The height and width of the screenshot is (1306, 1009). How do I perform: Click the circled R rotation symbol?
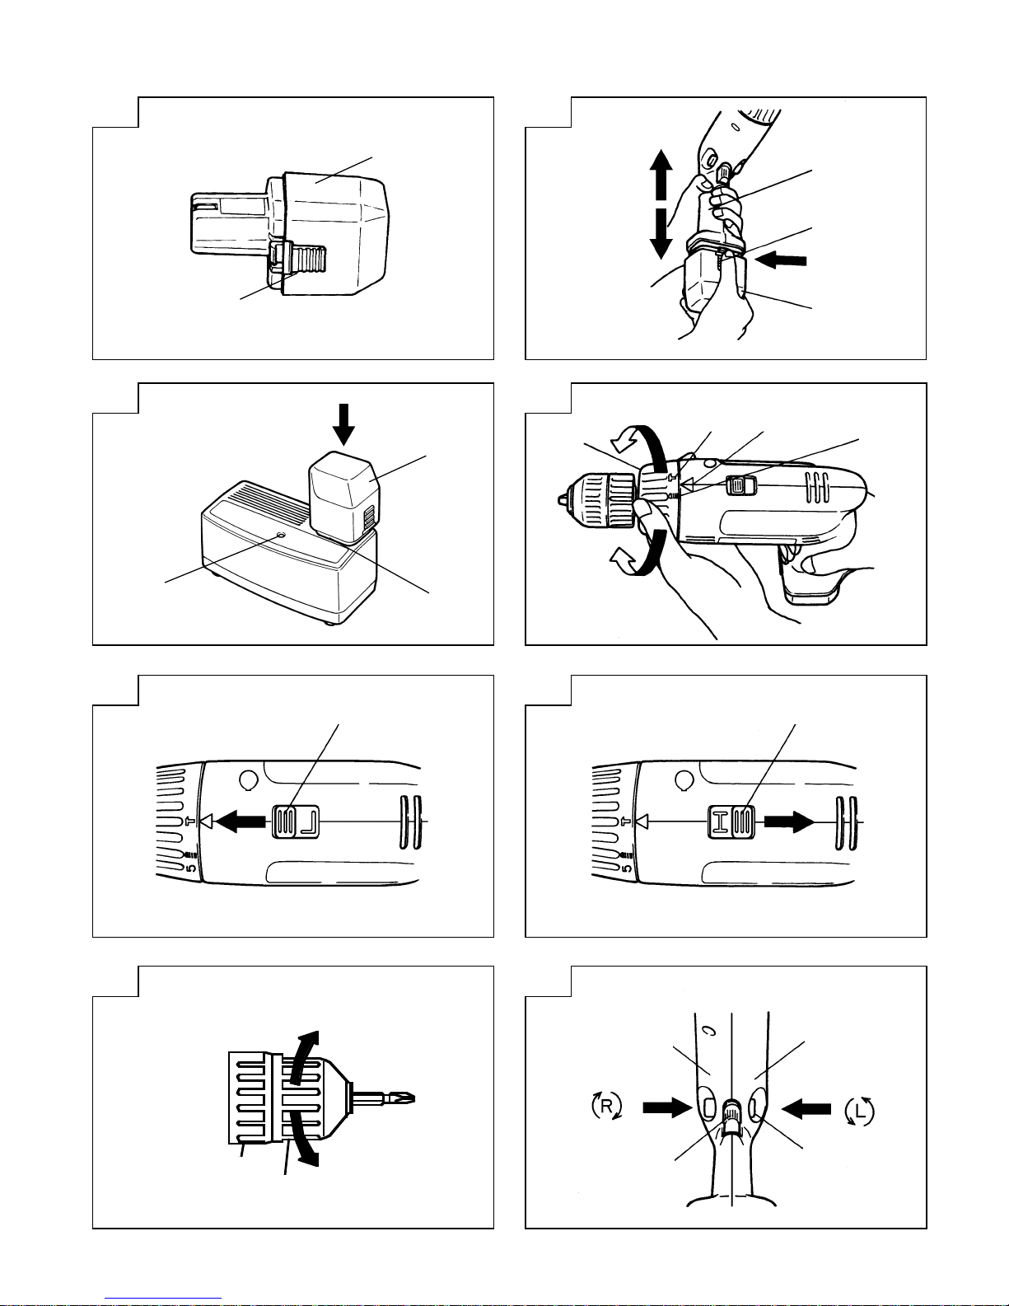[x=606, y=1106]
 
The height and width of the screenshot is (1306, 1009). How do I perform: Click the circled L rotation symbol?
[x=859, y=1112]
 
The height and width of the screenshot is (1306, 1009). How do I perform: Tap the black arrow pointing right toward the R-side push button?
[x=667, y=1107]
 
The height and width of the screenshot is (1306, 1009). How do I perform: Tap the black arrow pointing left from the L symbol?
[x=806, y=1108]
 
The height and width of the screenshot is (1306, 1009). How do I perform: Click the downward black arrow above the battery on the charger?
[x=343, y=424]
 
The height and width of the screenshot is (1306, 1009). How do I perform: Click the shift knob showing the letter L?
[x=296, y=821]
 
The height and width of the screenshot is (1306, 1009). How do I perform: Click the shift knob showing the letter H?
[x=731, y=822]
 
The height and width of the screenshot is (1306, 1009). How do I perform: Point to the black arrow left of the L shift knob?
[x=241, y=821]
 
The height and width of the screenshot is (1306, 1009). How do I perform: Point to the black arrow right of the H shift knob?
[x=789, y=821]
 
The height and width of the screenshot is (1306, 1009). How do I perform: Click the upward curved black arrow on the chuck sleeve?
[x=304, y=1057]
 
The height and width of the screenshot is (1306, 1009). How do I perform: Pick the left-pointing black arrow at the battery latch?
[x=781, y=260]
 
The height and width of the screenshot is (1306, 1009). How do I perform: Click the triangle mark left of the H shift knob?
[x=642, y=821]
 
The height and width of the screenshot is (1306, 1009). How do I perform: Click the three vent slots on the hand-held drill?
[x=817, y=486]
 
